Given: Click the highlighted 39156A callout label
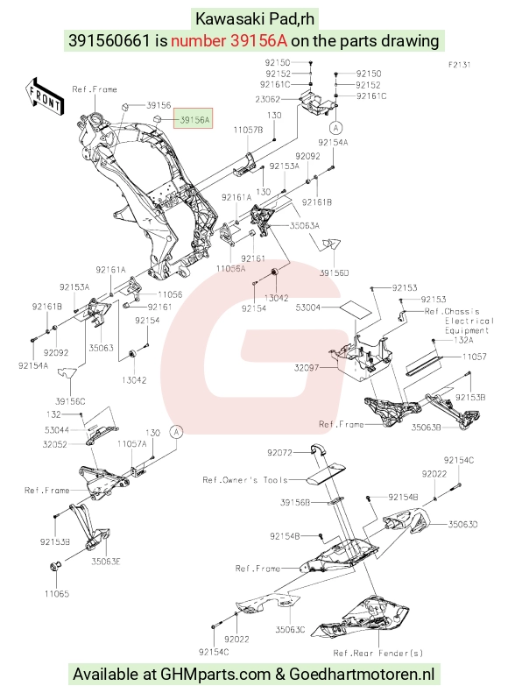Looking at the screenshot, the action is (193, 118).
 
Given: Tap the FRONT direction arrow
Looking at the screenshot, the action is (44, 98).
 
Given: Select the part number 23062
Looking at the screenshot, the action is (267, 100).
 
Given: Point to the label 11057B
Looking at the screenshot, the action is (248, 130).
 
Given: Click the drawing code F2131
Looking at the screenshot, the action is (460, 65).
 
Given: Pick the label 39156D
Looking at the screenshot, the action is (334, 272).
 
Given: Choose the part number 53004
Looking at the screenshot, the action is (308, 308).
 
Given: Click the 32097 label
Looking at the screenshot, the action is (307, 367).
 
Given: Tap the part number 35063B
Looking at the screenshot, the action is (426, 428).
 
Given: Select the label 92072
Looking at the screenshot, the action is (279, 453).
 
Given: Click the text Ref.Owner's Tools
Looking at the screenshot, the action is (245, 480).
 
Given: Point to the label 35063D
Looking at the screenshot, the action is (463, 525).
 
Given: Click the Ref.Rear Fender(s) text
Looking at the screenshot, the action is (378, 653).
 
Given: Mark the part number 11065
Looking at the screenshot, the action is (57, 593).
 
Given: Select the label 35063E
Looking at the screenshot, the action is (106, 562).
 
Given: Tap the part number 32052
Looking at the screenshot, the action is (55, 444).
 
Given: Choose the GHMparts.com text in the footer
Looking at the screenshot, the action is (215, 675).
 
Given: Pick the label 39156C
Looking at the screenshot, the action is (70, 401).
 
